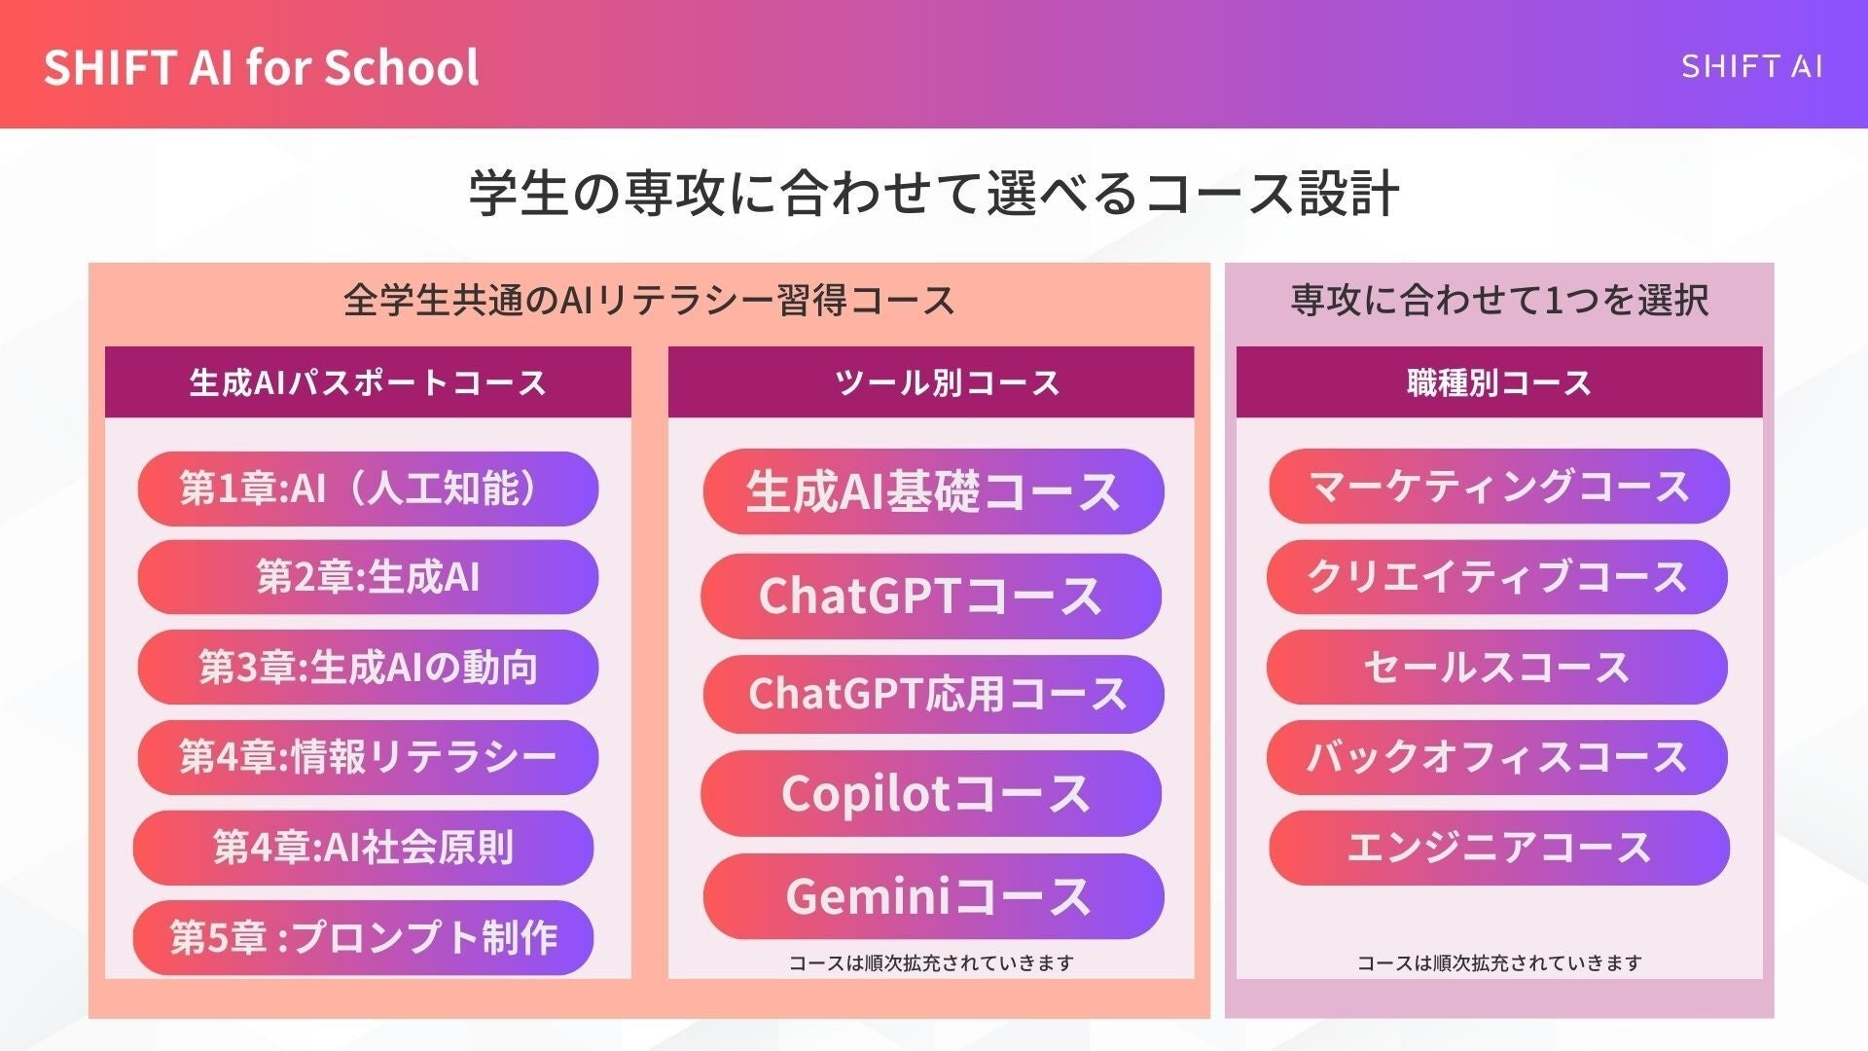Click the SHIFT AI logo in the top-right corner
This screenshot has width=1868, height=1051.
pyautogui.click(x=1751, y=66)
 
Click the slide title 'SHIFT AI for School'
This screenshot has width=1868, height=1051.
pyautogui.click(x=261, y=67)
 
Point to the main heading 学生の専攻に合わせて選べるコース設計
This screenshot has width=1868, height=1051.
pyautogui.click(x=934, y=192)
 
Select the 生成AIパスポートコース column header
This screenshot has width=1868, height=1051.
pyautogui.click(x=368, y=382)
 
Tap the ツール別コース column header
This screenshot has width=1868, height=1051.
pyautogui.click(x=931, y=382)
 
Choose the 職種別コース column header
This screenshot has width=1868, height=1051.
pyautogui.click(x=1499, y=382)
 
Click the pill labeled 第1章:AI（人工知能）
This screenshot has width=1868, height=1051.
pyautogui.click(x=368, y=489)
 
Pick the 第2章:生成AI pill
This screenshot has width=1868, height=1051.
pyautogui.click(x=368, y=577)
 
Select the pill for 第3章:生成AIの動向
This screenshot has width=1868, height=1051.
pyautogui.click(x=368, y=668)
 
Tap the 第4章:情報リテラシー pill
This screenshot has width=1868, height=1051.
pyautogui.click(x=368, y=757)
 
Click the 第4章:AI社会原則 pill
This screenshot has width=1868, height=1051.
pyautogui.click(x=363, y=848)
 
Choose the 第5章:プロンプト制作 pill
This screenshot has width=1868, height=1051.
pyautogui.click(x=363, y=937)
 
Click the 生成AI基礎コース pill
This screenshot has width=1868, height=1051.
pyautogui.click(x=933, y=491)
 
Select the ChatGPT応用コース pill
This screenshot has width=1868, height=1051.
pyautogui.click(x=933, y=694)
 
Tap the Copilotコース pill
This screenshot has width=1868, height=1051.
pyautogui.click(x=931, y=794)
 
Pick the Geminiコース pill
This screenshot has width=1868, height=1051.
pyautogui.click(x=933, y=896)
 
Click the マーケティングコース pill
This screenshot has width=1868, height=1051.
pyautogui.click(x=1499, y=486)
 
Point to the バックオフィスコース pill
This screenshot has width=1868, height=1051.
pyautogui.click(x=1497, y=757)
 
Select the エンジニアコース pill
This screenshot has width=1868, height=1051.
pyautogui.click(x=1499, y=848)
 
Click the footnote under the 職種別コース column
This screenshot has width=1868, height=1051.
pyautogui.click(x=1499, y=963)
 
